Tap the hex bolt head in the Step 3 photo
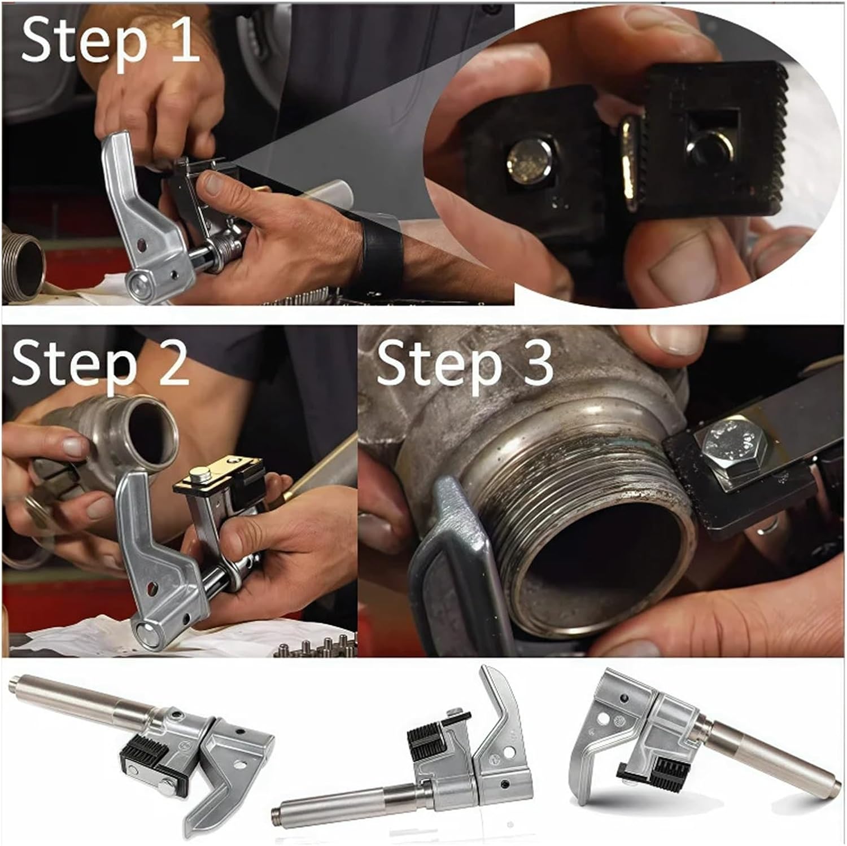pos(731,446)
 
